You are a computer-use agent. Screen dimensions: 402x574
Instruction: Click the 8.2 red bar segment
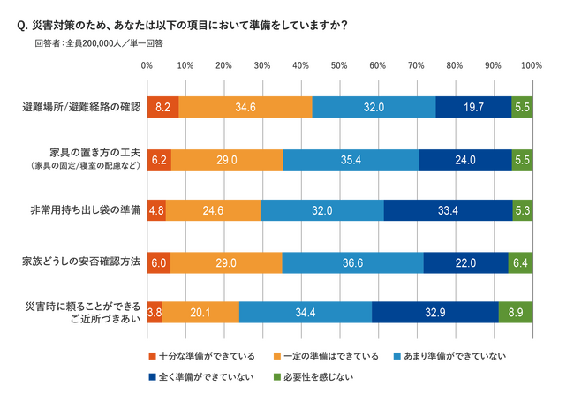162,106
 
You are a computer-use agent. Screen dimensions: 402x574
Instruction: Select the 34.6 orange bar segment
245,106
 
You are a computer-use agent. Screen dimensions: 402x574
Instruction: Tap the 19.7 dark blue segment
473,106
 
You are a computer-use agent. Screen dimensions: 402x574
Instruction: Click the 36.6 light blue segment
352,262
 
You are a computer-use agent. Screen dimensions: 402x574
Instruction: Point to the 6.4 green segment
520,262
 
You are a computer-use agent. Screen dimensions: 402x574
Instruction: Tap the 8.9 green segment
515,313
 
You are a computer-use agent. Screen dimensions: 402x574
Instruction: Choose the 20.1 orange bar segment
200,313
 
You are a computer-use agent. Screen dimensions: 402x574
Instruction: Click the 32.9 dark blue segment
434,313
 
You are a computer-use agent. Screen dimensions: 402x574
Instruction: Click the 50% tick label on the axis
339,65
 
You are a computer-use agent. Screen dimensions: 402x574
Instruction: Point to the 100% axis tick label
532,65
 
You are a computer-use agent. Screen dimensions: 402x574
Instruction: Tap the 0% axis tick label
147,65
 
